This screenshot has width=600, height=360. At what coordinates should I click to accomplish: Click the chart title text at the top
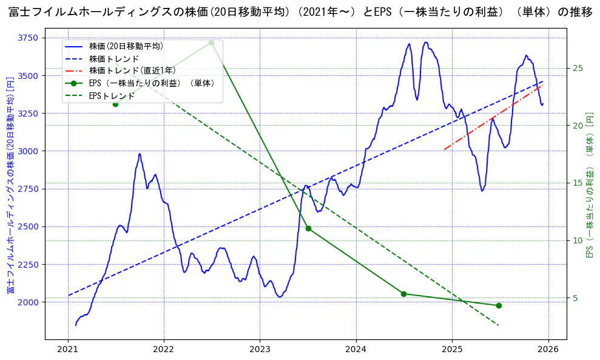coord(300,12)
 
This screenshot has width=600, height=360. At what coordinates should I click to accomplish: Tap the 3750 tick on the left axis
coord(27,38)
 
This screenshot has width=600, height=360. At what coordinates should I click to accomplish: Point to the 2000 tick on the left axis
coord(27,302)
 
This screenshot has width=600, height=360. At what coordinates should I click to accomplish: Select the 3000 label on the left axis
coord(27,151)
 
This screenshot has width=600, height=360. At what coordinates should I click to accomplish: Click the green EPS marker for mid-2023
coord(308,228)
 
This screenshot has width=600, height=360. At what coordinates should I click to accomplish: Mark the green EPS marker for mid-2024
coord(403,294)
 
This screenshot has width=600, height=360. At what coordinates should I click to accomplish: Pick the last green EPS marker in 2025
coord(499,305)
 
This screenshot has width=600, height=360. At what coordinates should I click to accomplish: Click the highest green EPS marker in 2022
coord(211,42)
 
